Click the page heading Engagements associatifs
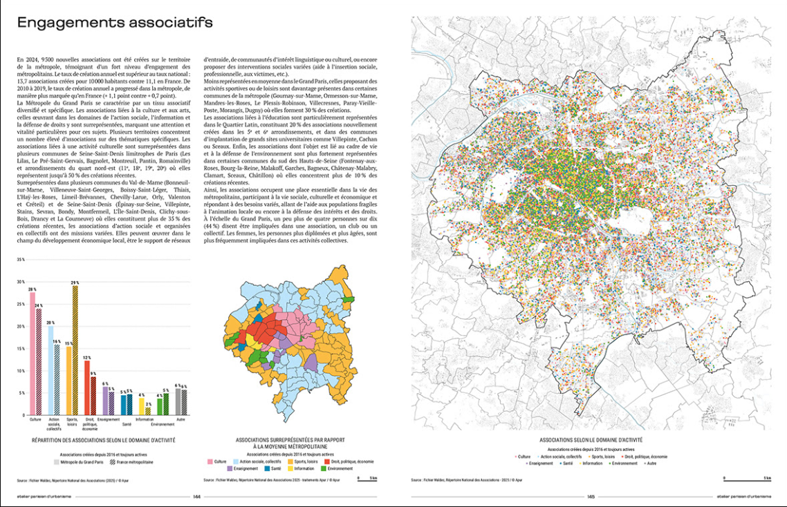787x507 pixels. pyautogui.click(x=115, y=23)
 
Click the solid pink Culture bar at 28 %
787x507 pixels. pyautogui.click(x=32, y=352)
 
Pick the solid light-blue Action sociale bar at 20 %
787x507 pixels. pyautogui.click(x=50, y=369)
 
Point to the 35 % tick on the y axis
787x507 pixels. pyautogui.click(x=21, y=260)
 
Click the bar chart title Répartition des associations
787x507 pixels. pyautogui.click(x=104, y=439)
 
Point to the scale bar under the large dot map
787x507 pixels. pyautogui.click(x=747, y=478)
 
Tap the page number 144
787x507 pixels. pyautogui.click(x=196, y=495)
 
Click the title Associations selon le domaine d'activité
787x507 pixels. pyautogui.click(x=591, y=439)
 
